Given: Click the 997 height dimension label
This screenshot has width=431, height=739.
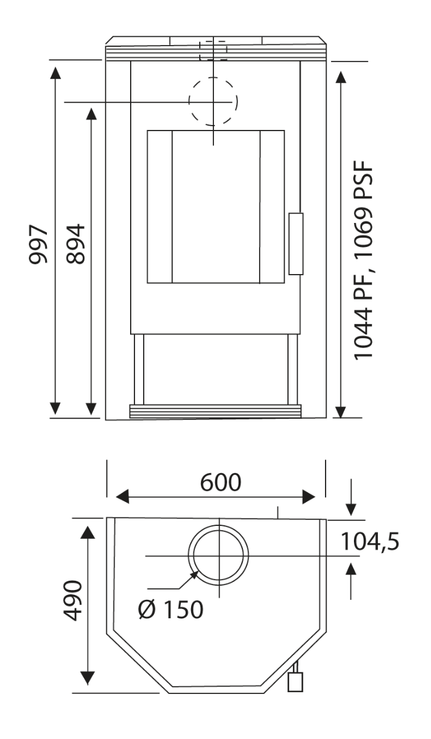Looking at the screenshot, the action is click(38, 244).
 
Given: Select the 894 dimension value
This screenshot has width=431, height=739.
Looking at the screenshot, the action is click(76, 244).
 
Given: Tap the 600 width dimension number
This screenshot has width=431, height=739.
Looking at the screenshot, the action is click(221, 482).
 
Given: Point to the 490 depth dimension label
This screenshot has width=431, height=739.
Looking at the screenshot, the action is click(72, 600).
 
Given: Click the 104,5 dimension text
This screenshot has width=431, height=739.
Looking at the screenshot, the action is click(369, 542).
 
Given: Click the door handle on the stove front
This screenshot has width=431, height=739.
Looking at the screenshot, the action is click(295, 244).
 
